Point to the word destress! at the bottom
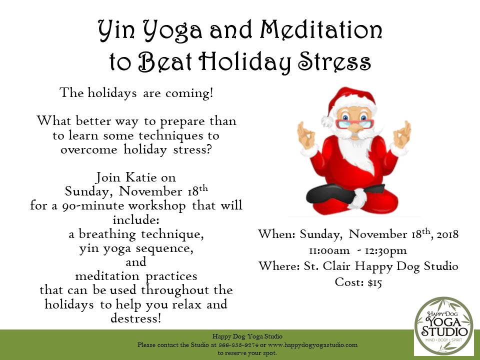click(135, 318)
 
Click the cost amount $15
click(374, 282)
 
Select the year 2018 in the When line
click(447, 234)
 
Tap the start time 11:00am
click(329, 250)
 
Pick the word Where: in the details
click(279, 265)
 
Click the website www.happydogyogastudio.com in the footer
click(312, 345)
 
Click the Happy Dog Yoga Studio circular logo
click(443, 326)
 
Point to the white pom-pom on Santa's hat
click(327, 121)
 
